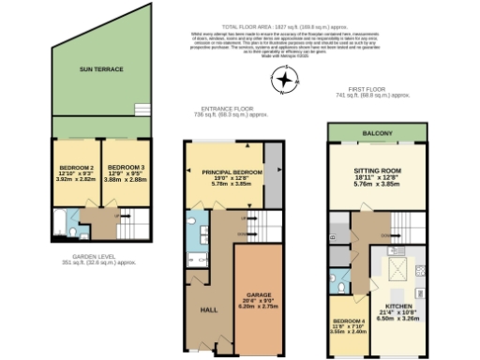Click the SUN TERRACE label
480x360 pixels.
101,68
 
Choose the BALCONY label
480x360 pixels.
377,133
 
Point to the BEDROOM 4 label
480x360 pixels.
347,321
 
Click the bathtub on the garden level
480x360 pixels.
60,225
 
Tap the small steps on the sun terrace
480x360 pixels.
141,106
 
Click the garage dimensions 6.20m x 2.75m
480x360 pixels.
260,307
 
